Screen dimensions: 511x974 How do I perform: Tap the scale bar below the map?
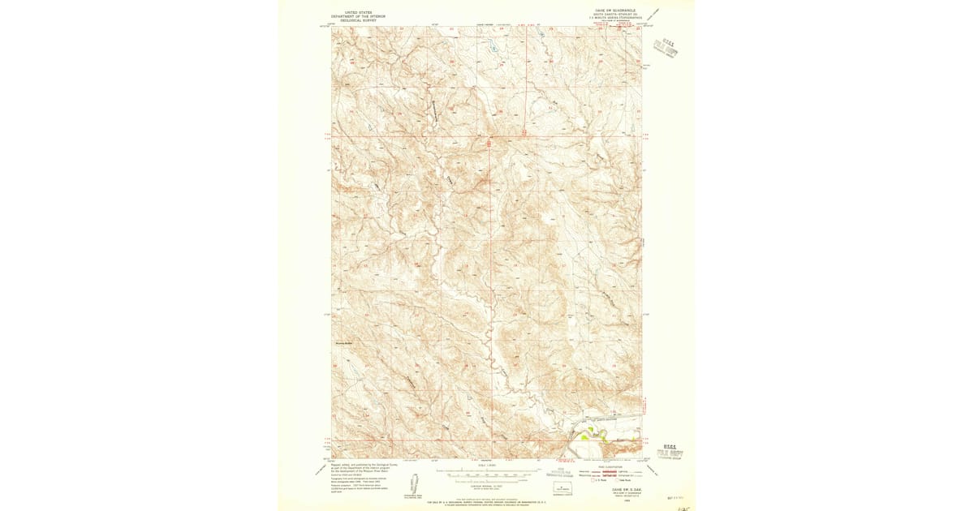click(487, 470)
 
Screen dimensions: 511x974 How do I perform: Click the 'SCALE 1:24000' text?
click(487, 465)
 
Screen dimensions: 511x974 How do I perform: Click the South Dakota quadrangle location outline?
click(562, 487)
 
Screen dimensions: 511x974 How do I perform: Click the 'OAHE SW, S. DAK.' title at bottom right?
click(614, 489)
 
